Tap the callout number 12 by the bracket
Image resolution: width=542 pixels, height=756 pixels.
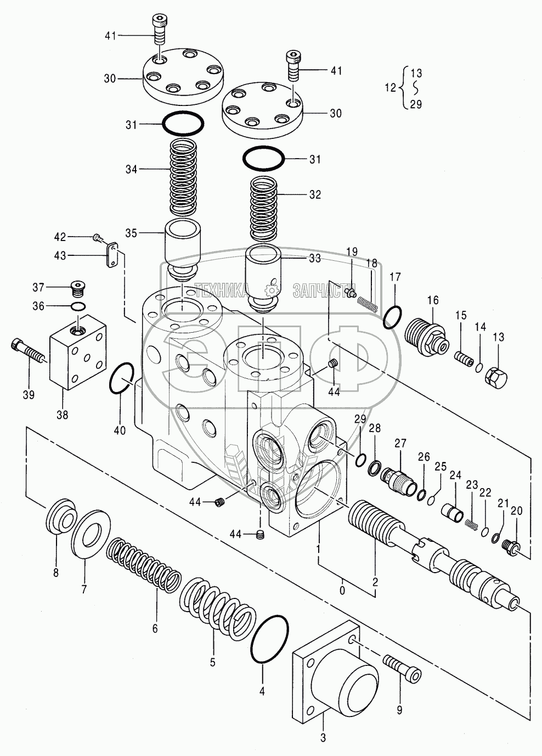(x=389, y=87)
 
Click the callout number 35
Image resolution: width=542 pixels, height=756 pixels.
(x=131, y=233)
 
